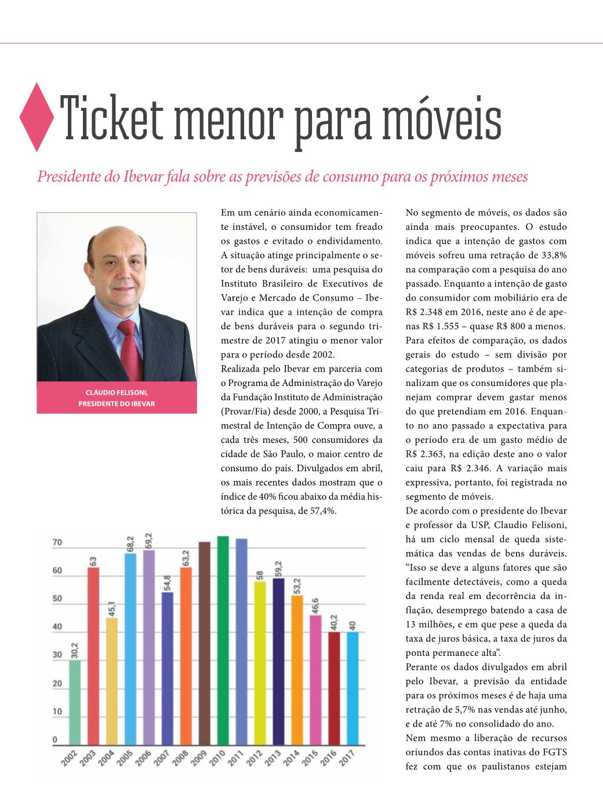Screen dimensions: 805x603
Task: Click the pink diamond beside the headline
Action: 37,117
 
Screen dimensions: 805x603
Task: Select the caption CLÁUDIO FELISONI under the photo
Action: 117,393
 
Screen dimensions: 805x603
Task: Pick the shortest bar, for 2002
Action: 75,702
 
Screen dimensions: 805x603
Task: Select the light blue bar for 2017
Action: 353,688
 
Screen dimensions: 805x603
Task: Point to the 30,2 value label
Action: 75,650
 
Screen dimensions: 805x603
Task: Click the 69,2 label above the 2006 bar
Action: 148,541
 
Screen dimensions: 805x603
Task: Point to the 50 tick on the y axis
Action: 57,598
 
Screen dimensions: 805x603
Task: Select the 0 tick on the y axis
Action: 55,740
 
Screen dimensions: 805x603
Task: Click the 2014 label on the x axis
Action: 291,757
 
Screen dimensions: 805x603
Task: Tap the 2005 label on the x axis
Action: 125,757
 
